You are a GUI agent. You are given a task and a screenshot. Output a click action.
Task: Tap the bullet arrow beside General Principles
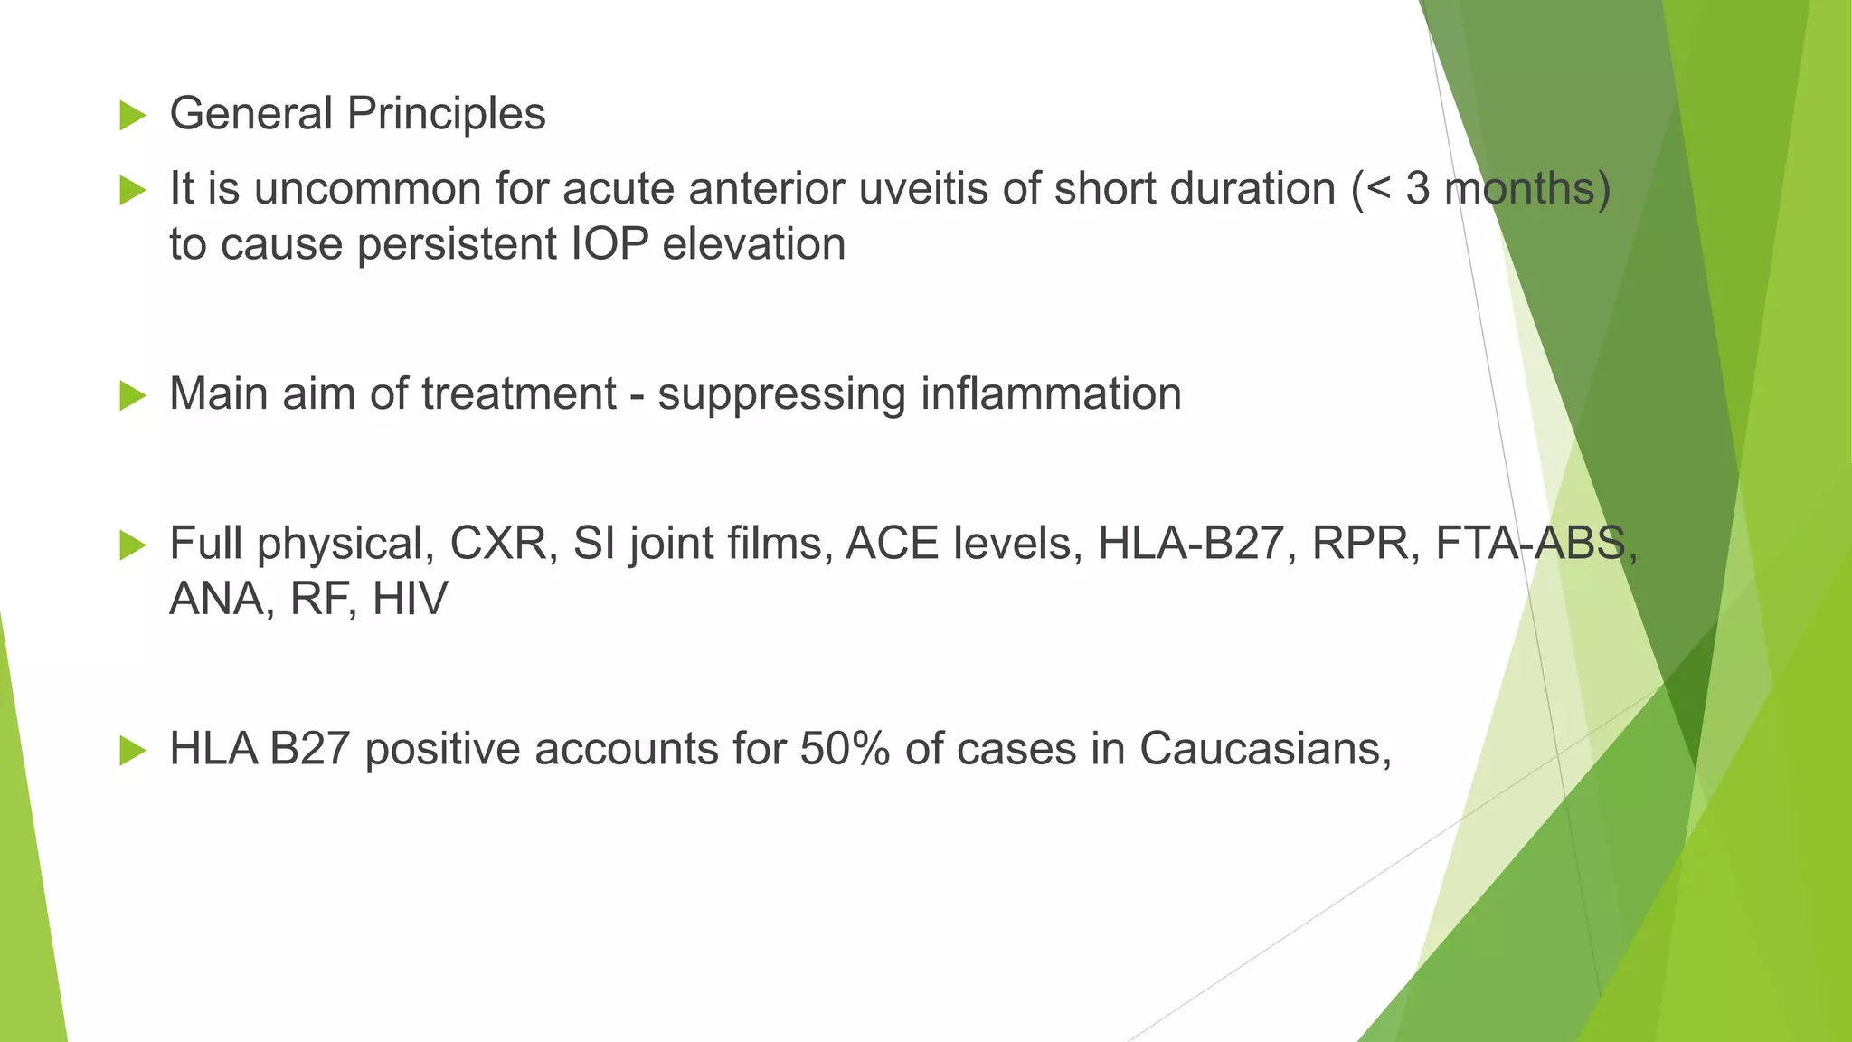pos(132,116)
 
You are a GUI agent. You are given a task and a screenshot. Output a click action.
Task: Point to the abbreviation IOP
pos(609,245)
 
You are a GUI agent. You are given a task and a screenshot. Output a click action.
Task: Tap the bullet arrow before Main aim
pos(132,396)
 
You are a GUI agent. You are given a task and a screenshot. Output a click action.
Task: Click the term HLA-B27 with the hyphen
pos(1191,544)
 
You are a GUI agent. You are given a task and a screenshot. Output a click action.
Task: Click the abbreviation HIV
pos(410,600)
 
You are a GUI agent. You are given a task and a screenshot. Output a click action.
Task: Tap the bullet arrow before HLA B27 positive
pos(132,751)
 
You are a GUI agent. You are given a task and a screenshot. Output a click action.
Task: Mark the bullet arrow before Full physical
pos(132,545)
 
